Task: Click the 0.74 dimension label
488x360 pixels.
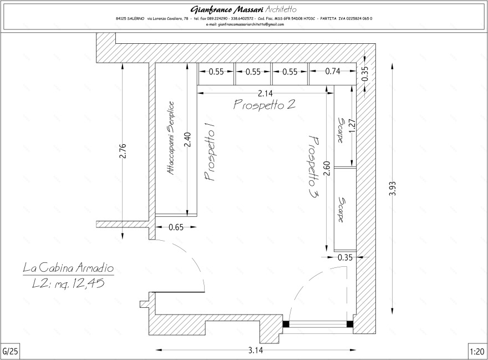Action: [333, 72]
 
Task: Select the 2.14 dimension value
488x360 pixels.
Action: [265, 93]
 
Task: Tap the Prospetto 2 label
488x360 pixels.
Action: [264, 104]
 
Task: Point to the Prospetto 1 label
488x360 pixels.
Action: [210, 154]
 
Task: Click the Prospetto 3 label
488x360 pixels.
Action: [314, 168]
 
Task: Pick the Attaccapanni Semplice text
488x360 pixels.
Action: [170, 138]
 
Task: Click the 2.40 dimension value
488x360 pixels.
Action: [187, 140]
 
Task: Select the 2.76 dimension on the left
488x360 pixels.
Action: [123, 151]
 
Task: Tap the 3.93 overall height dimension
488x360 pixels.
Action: [393, 189]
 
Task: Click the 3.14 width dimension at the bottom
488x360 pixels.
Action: [256, 351]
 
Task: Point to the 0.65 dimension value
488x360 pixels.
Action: [176, 227]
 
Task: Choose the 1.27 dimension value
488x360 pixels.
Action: [352, 126]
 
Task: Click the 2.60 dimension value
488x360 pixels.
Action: [327, 169]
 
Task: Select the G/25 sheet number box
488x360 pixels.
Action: [11, 352]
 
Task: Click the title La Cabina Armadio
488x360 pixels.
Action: [68, 268]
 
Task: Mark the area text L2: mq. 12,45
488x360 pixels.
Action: [68, 283]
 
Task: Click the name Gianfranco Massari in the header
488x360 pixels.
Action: [227, 9]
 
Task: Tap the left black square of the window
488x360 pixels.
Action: [286, 324]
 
